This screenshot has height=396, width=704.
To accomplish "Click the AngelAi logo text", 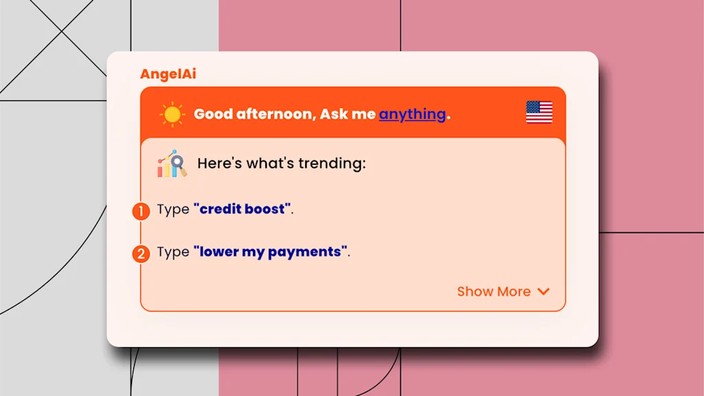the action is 168,74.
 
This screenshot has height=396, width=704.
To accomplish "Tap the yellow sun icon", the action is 172,115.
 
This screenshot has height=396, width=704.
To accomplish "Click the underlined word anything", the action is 412,115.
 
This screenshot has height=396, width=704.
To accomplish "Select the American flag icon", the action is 539,112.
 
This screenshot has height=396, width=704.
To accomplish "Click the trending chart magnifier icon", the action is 171,164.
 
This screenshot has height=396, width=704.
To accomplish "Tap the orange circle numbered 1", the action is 141,211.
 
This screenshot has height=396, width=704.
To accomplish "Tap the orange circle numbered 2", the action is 141,254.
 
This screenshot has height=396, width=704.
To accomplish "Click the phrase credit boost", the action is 243,209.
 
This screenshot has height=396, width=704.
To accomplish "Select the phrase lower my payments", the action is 270,252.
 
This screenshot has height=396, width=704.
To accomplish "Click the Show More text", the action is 494,291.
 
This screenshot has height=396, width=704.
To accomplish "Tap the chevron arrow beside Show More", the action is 543,291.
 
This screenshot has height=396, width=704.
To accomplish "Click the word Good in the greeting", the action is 213,114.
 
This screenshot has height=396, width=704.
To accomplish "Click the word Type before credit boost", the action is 173,210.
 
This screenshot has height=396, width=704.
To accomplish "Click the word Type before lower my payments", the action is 173,252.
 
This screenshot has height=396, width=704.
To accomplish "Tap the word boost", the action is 265,209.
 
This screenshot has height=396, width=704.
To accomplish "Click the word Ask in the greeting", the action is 333,114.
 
